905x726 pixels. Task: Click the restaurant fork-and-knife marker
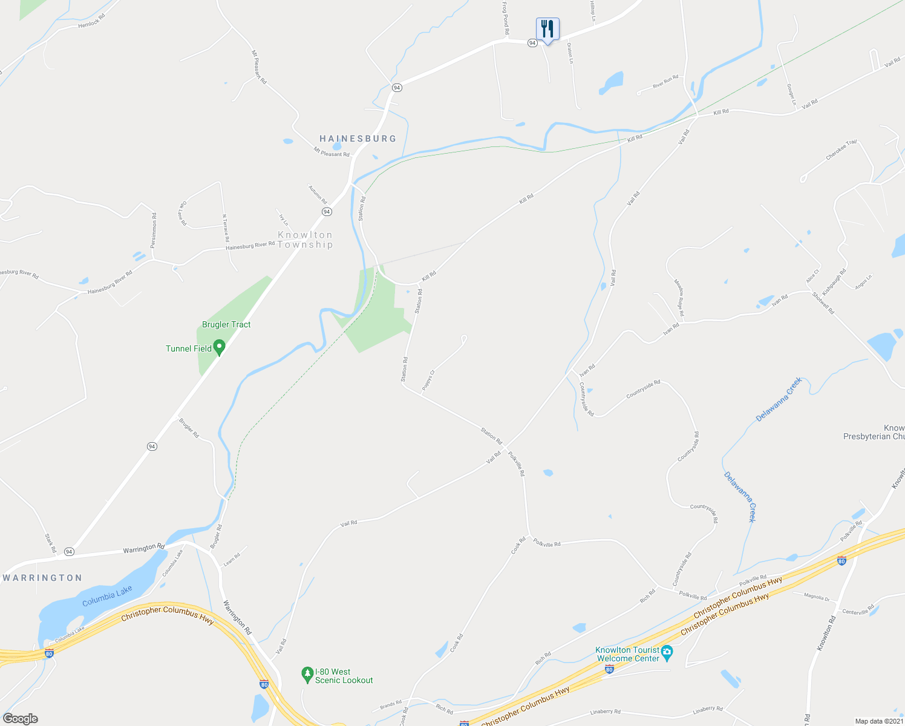point(547,29)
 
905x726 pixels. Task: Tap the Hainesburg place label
point(358,139)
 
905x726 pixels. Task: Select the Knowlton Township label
point(305,240)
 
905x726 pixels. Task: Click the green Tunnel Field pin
point(220,348)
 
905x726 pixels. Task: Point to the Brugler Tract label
point(226,325)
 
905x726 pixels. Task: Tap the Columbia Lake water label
point(107,595)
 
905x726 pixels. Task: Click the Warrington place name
point(42,578)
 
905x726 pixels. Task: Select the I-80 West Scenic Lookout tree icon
point(307,673)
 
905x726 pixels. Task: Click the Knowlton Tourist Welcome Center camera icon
point(667,652)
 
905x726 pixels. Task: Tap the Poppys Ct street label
point(428,380)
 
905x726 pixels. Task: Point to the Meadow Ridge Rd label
point(679,298)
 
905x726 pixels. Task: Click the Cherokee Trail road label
point(841,150)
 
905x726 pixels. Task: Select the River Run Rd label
point(665,82)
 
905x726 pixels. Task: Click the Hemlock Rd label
point(92,22)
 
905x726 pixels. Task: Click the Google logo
point(20,719)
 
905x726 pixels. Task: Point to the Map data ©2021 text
point(878,721)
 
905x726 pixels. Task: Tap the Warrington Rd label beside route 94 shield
point(144,549)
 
